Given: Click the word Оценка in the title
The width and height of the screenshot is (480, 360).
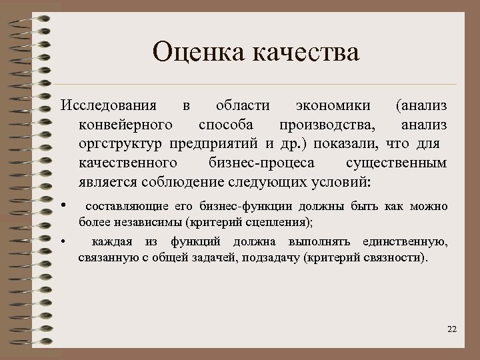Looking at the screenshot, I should pyautogui.click(x=195, y=51).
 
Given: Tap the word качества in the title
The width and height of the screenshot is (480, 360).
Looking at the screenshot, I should pyautogui.click(x=303, y=51).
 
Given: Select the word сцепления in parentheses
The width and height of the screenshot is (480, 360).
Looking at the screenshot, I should pyautogui.click(x=280, y=221).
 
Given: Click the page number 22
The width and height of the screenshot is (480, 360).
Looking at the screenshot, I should pyautogui.click(x=452, y=329).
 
